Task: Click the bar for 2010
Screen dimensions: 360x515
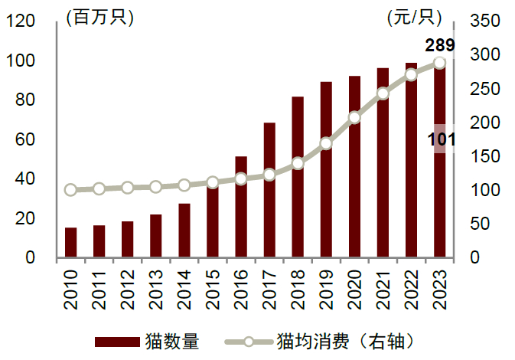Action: (x=70, y=243)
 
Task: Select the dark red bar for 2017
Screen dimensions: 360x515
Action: (x=269, y=191)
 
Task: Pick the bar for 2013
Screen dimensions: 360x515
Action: (x=156, y=236)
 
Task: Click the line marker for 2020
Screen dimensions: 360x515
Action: (x=354, y=118)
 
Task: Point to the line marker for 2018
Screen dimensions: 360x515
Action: (x=298, y=163)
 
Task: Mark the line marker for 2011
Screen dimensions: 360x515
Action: (x=99, y=188)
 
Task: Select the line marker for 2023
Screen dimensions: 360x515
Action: (x=439, y=63)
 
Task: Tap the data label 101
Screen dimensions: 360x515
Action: (x=442, y=139)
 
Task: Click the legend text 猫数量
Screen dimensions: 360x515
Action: (x=171, y=342)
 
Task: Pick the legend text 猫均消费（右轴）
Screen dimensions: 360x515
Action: (x=349, y=342)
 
